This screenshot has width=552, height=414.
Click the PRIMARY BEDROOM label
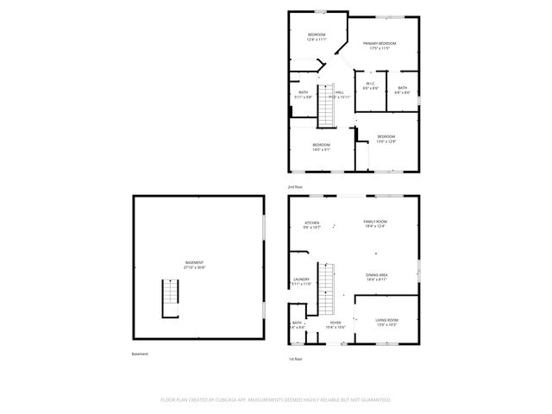click(x=379, y=43)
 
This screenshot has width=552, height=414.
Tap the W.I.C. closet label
click(x=371, y=84)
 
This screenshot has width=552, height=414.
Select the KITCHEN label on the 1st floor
click(x=312, y=222)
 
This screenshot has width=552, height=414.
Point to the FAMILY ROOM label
click(x=375, y=222)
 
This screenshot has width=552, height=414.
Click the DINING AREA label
click(x=376, y=274)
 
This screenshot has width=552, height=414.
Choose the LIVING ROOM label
click(x=386, y=320)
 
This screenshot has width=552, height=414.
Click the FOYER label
click(x=336, y=323)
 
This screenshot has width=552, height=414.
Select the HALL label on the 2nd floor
click(x=339, y=92)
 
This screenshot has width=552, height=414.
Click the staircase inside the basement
click(x=170, y=298)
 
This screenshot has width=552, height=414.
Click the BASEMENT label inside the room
click(x=194, y=262)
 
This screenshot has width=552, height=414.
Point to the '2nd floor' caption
click(x=296, y=186)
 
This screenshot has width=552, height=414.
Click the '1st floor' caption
click(x=296, y=358)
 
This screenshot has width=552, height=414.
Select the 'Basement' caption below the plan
click(x=140, y=354)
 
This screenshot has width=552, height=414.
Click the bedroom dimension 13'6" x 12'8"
click(x=386, y=141)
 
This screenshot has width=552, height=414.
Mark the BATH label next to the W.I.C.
click(x=403, y=88)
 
